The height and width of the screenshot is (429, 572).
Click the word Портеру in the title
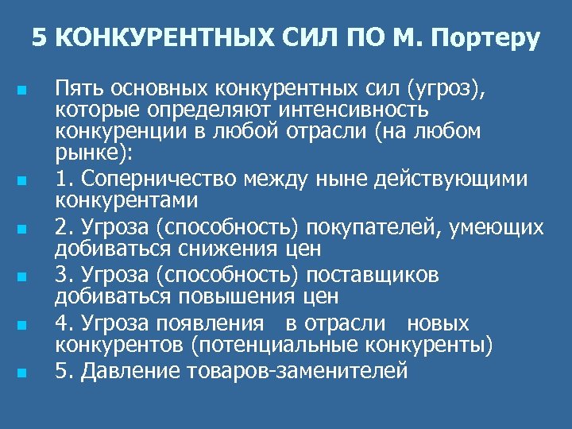click(x=487, y=37)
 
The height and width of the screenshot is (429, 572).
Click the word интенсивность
click(x=361, y=109)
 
